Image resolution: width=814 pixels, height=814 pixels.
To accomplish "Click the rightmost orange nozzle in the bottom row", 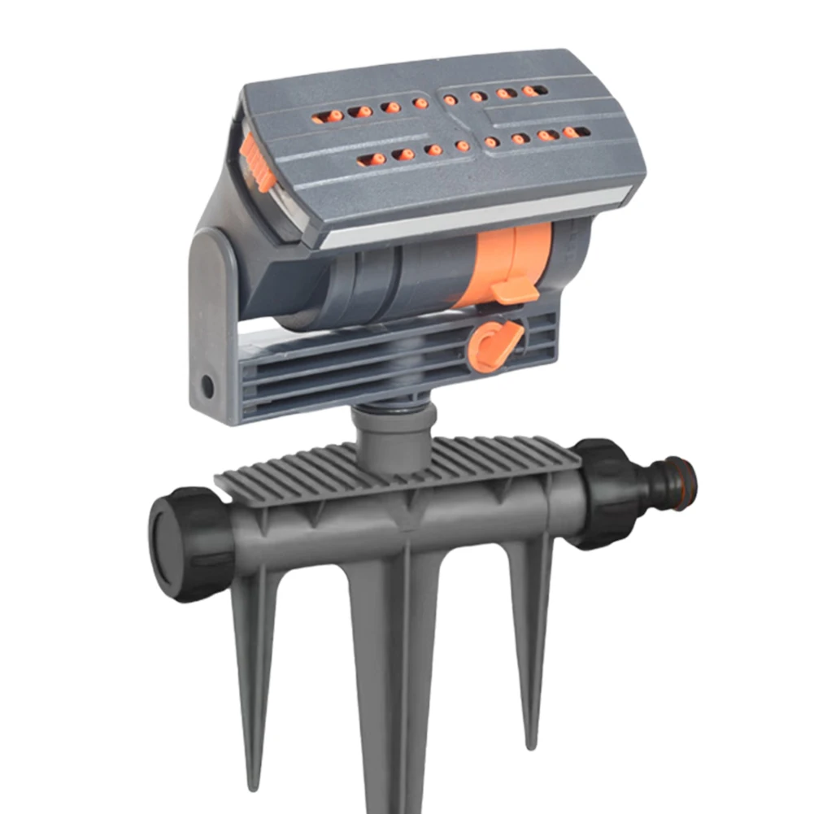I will (576, 132).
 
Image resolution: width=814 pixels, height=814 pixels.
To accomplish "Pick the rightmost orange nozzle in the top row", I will (534, 90).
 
